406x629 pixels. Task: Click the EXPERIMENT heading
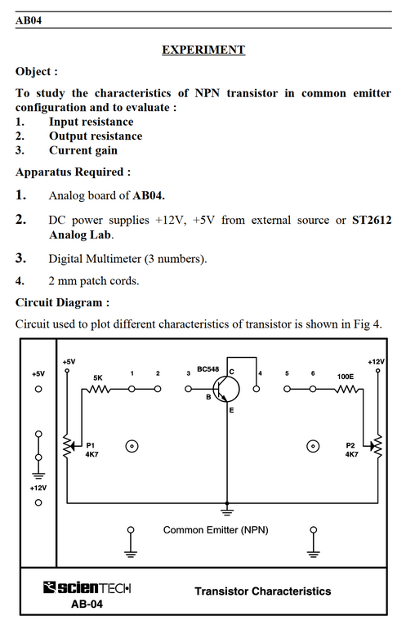[203, 49]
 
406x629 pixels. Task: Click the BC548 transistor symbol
[226, 389]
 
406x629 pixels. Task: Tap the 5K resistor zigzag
[98, 389]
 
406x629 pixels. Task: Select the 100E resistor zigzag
[346, 389]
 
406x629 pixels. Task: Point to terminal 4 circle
[257, 389]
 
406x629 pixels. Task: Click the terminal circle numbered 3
[188, 389]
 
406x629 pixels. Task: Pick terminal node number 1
[132, 389]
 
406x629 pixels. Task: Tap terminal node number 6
[313, 389]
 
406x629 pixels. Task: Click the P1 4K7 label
[91, 449]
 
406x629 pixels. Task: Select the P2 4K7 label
[351, 449]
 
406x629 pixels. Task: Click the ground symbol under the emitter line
[227, 511]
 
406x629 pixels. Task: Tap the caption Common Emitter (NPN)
[216, 530]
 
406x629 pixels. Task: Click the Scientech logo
[87, 588]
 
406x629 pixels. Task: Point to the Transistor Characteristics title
[263, 591]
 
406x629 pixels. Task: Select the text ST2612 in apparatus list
[372, 220]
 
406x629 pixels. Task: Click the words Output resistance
[96, 136]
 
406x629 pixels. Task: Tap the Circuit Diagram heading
[62, 302]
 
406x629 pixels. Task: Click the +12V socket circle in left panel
[38, 502]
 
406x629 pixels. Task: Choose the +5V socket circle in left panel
[38, 389]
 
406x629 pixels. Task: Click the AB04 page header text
[28, 20]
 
